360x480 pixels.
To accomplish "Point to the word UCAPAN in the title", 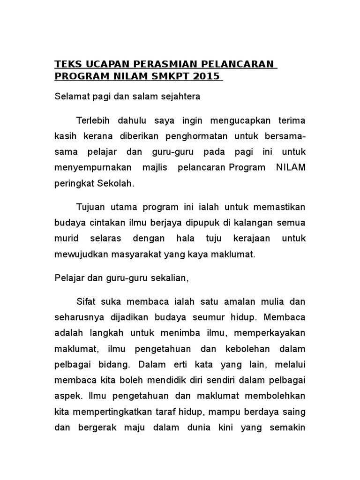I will coord(104,64).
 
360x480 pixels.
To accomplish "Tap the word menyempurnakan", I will coord(89,168).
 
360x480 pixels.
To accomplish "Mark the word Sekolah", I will coord(115,184).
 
